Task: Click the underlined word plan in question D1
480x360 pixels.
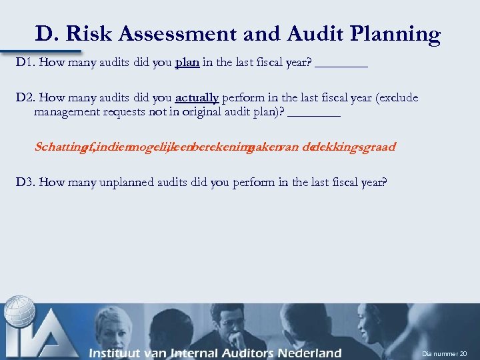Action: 187,63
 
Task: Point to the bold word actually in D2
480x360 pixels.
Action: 197,98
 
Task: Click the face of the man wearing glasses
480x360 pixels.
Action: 233,327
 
